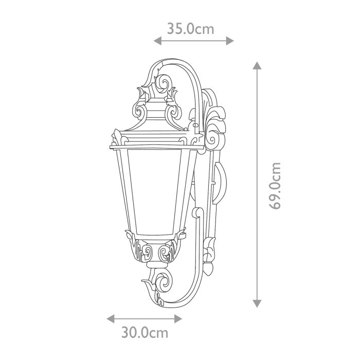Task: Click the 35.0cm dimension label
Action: [190, 28]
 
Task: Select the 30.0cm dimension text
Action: [145, 332]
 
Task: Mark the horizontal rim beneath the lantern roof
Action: [154, 148]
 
